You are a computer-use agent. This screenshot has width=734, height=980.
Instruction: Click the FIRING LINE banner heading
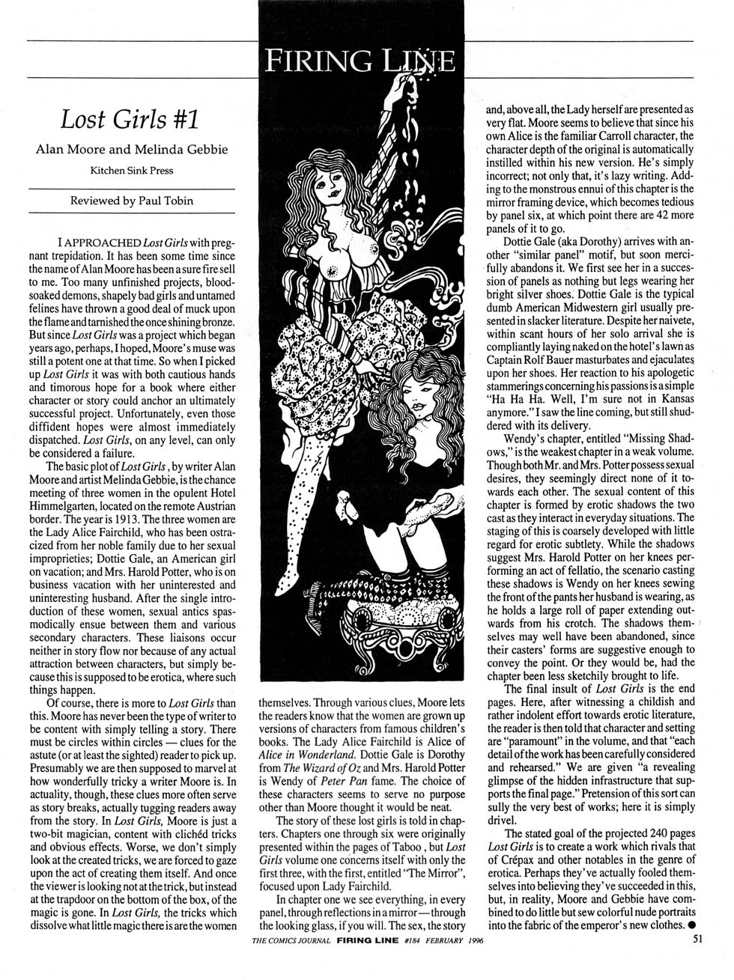(359, 59)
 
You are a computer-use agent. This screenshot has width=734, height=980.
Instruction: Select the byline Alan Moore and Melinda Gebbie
(131, 149)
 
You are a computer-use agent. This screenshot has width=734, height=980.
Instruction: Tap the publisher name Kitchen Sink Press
(131, 170)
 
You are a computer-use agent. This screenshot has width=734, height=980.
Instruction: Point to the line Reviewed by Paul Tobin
(131, 201)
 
